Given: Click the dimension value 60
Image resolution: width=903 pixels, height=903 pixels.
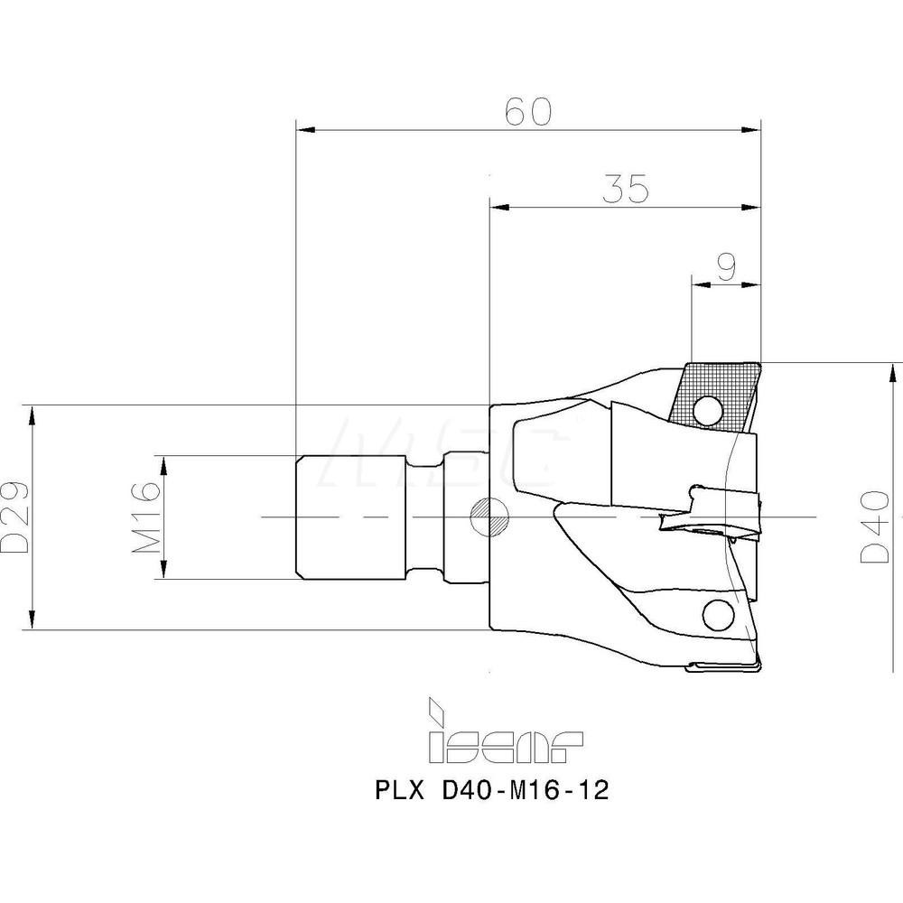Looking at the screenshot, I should point(528,112).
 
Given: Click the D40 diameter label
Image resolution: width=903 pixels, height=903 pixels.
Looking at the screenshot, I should point(873,529).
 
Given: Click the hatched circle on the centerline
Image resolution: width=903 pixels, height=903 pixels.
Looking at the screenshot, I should point(489,517).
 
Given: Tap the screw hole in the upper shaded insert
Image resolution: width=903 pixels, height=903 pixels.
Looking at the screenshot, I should point(707,412).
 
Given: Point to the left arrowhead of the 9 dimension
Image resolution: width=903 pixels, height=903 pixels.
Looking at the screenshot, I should point(698,284).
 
